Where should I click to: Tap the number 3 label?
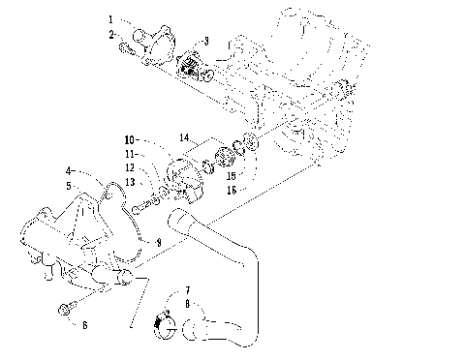coord(204,42)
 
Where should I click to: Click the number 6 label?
coord(84,324)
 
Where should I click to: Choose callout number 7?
coord(187,290)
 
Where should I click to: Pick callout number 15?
coord(231,175)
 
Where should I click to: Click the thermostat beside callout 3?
coord(192,66)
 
